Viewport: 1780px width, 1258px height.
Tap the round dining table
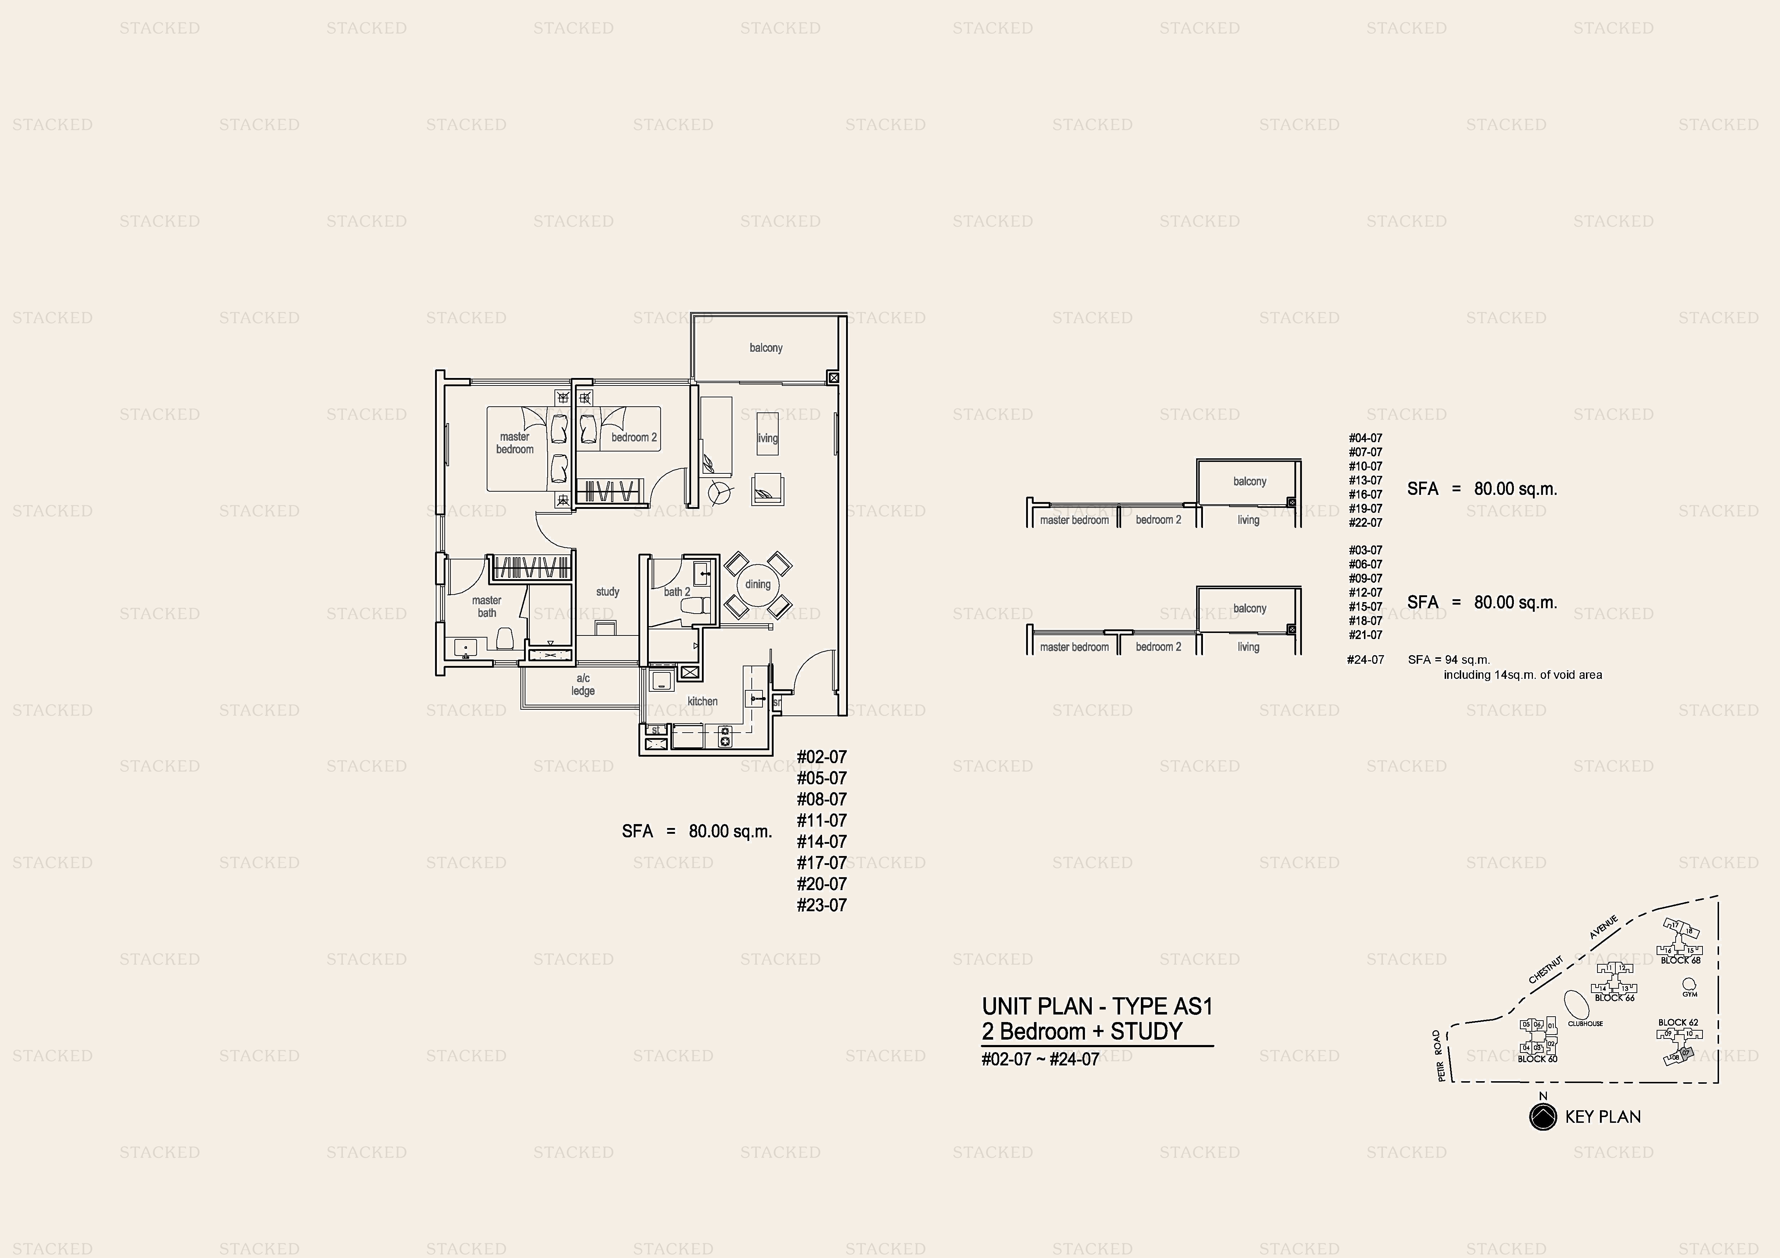[757, 585]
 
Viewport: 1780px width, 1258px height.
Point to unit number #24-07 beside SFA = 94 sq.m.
[1365, 661]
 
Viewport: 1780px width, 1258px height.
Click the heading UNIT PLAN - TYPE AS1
[1096, 1007]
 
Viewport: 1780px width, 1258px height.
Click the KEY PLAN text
[1602, 1117]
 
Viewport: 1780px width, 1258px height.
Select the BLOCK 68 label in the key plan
[1680, 960]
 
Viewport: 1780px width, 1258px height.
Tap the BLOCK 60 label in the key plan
[1536, 1059]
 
